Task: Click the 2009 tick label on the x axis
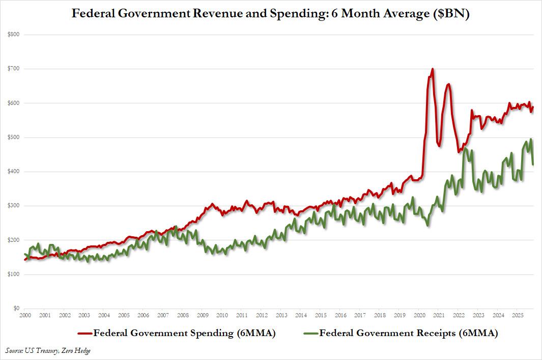coord(202,316)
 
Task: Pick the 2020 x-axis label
coord(420,316)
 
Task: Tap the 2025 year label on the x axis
coord(517,316)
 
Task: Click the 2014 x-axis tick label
coord(301,316)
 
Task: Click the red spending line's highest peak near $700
coord(433,69)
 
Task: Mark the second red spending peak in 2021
coord(448,84)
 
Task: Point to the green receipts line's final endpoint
coord(532,164)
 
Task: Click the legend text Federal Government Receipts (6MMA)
coord(408,334)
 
